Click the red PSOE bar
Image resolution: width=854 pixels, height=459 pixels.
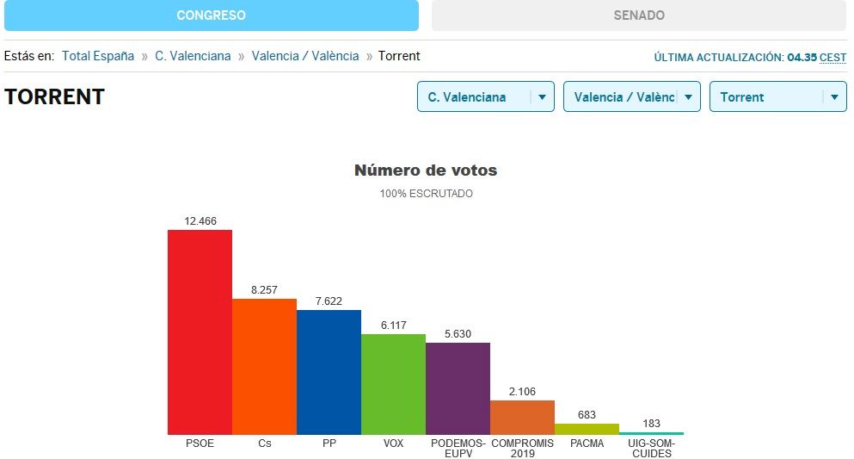(x=200, y=332)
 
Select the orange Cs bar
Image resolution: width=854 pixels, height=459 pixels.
(x=264, y=366)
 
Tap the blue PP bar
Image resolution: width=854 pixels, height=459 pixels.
(x=329, y=371)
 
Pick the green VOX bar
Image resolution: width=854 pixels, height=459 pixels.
(x=393, y=383)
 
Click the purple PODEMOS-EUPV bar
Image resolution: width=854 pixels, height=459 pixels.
(x=458, y=388)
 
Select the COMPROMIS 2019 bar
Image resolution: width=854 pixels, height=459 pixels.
(x=522, y=417)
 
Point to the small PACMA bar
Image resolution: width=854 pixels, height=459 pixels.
(x=587, y=428)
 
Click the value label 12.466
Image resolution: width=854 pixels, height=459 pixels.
(x=200, y=221)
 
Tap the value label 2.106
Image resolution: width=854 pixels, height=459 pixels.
(x=522, y=392)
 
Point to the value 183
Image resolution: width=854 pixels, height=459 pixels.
(x=651, y=424)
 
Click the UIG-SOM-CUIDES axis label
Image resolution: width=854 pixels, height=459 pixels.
(x=651, y=448)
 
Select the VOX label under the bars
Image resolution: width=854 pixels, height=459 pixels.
(x=393, y=443)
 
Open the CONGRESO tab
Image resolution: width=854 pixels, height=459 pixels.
(x=211, y=16)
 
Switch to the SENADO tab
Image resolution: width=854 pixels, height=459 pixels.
(x=638, y=16)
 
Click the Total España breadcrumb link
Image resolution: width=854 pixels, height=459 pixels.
(x=98, y=56)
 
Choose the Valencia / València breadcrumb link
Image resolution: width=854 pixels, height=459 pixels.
(x=305, y=56)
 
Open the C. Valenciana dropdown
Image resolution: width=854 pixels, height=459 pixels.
(x=485, y=97)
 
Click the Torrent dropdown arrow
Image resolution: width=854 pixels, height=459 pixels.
(x=834, y=97)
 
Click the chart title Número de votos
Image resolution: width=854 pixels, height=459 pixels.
(x=426, y=171)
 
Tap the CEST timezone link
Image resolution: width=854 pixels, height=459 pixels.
(x=832, y=58)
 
